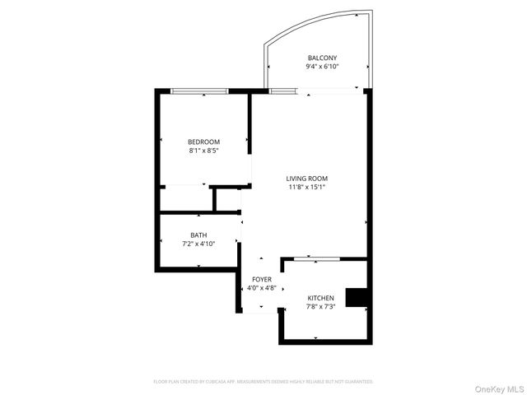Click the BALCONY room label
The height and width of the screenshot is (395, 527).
point(323,58)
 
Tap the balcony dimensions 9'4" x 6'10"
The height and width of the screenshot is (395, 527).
point(323,67)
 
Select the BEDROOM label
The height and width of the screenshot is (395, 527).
point(203,142)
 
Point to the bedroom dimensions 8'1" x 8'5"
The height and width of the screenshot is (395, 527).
point(203,151)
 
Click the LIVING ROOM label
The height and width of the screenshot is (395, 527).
point(307,178)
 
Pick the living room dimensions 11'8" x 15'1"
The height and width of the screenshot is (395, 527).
point(307,187)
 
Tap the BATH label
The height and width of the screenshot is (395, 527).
point(198,235)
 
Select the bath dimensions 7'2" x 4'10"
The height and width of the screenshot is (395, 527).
point(198,244)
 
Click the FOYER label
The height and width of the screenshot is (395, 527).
point(262,280)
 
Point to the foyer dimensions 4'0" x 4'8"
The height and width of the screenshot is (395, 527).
point(262,289)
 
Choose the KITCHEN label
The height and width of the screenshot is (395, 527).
point(320,297)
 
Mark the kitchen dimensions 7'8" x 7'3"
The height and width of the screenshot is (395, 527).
point(320,306)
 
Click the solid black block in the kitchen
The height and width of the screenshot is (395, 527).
point(356,297)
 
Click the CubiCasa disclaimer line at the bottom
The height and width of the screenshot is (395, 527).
point(263,382)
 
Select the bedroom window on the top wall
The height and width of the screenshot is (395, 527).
point(199,91)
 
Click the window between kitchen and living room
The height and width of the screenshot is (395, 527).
point(316,259)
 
